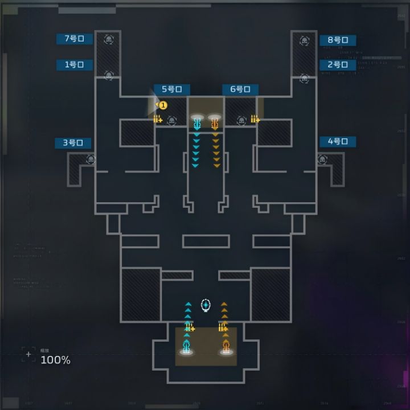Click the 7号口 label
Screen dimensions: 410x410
pyautogui.click(x=74, y=39)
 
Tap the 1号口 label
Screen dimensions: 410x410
pyautogui.click(x=74, y=65)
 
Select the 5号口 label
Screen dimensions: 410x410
pyautogui.click(x=171, y=89)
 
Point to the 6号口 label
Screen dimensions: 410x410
pyautogui.click(x=240, y=89)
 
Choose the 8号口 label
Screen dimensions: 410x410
pyautogui.click(x=338, y=40)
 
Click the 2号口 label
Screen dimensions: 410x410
pyautogui.click(x=338, y=65)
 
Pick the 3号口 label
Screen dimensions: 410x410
pyautogui.click(x=73, y=142)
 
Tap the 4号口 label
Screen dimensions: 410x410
pyautogui.click(x=337, y=141)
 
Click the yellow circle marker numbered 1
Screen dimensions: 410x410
pyautogui.click(x=162, y=105)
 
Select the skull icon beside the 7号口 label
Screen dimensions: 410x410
pyautogui.click(x=108, y=40)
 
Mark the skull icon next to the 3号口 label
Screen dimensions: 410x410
pyautogui.click(x=90, y=159)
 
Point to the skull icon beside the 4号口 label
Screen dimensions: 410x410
pyautogui.click(x=322, y=159)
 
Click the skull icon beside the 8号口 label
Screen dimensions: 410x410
pyautogui.click(x=304, y=40)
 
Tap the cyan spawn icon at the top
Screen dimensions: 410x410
pyautogui.click(x=197, y=122)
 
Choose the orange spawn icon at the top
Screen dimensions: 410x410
pyautogui.click(x=215, y=122)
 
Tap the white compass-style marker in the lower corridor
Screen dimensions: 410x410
pyautogui.click(x=206, y=306)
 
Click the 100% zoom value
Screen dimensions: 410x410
pyautogui.click(x=55, y=360)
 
